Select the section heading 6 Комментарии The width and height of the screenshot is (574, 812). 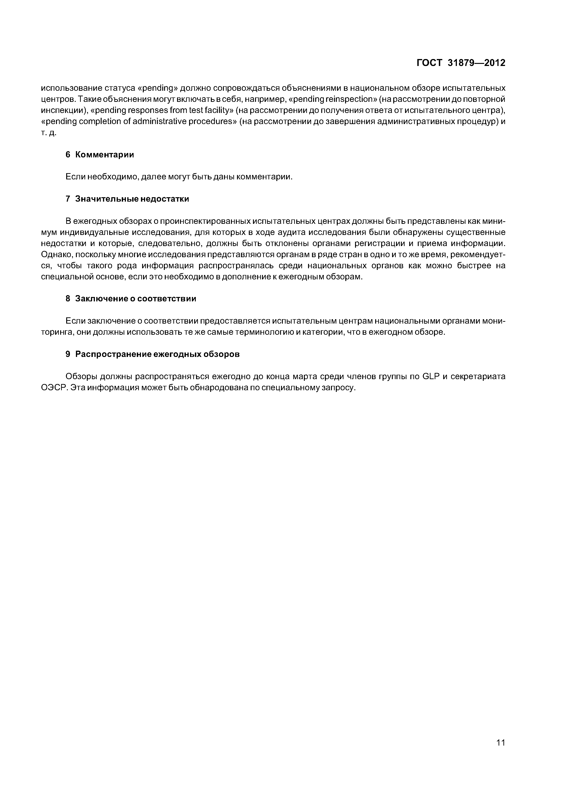point(100,155)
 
